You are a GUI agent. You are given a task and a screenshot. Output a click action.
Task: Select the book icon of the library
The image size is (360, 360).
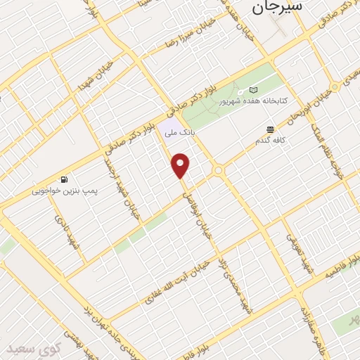coord(253,90)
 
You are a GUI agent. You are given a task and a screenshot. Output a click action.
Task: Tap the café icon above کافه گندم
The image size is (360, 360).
coord(271,129)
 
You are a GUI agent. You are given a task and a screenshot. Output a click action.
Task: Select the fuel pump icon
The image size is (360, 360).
coord(65,179)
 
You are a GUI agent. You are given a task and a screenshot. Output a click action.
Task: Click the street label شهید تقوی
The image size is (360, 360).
coord(294,247)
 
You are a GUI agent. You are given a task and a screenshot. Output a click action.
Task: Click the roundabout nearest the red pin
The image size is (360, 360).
coord(219,169)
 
